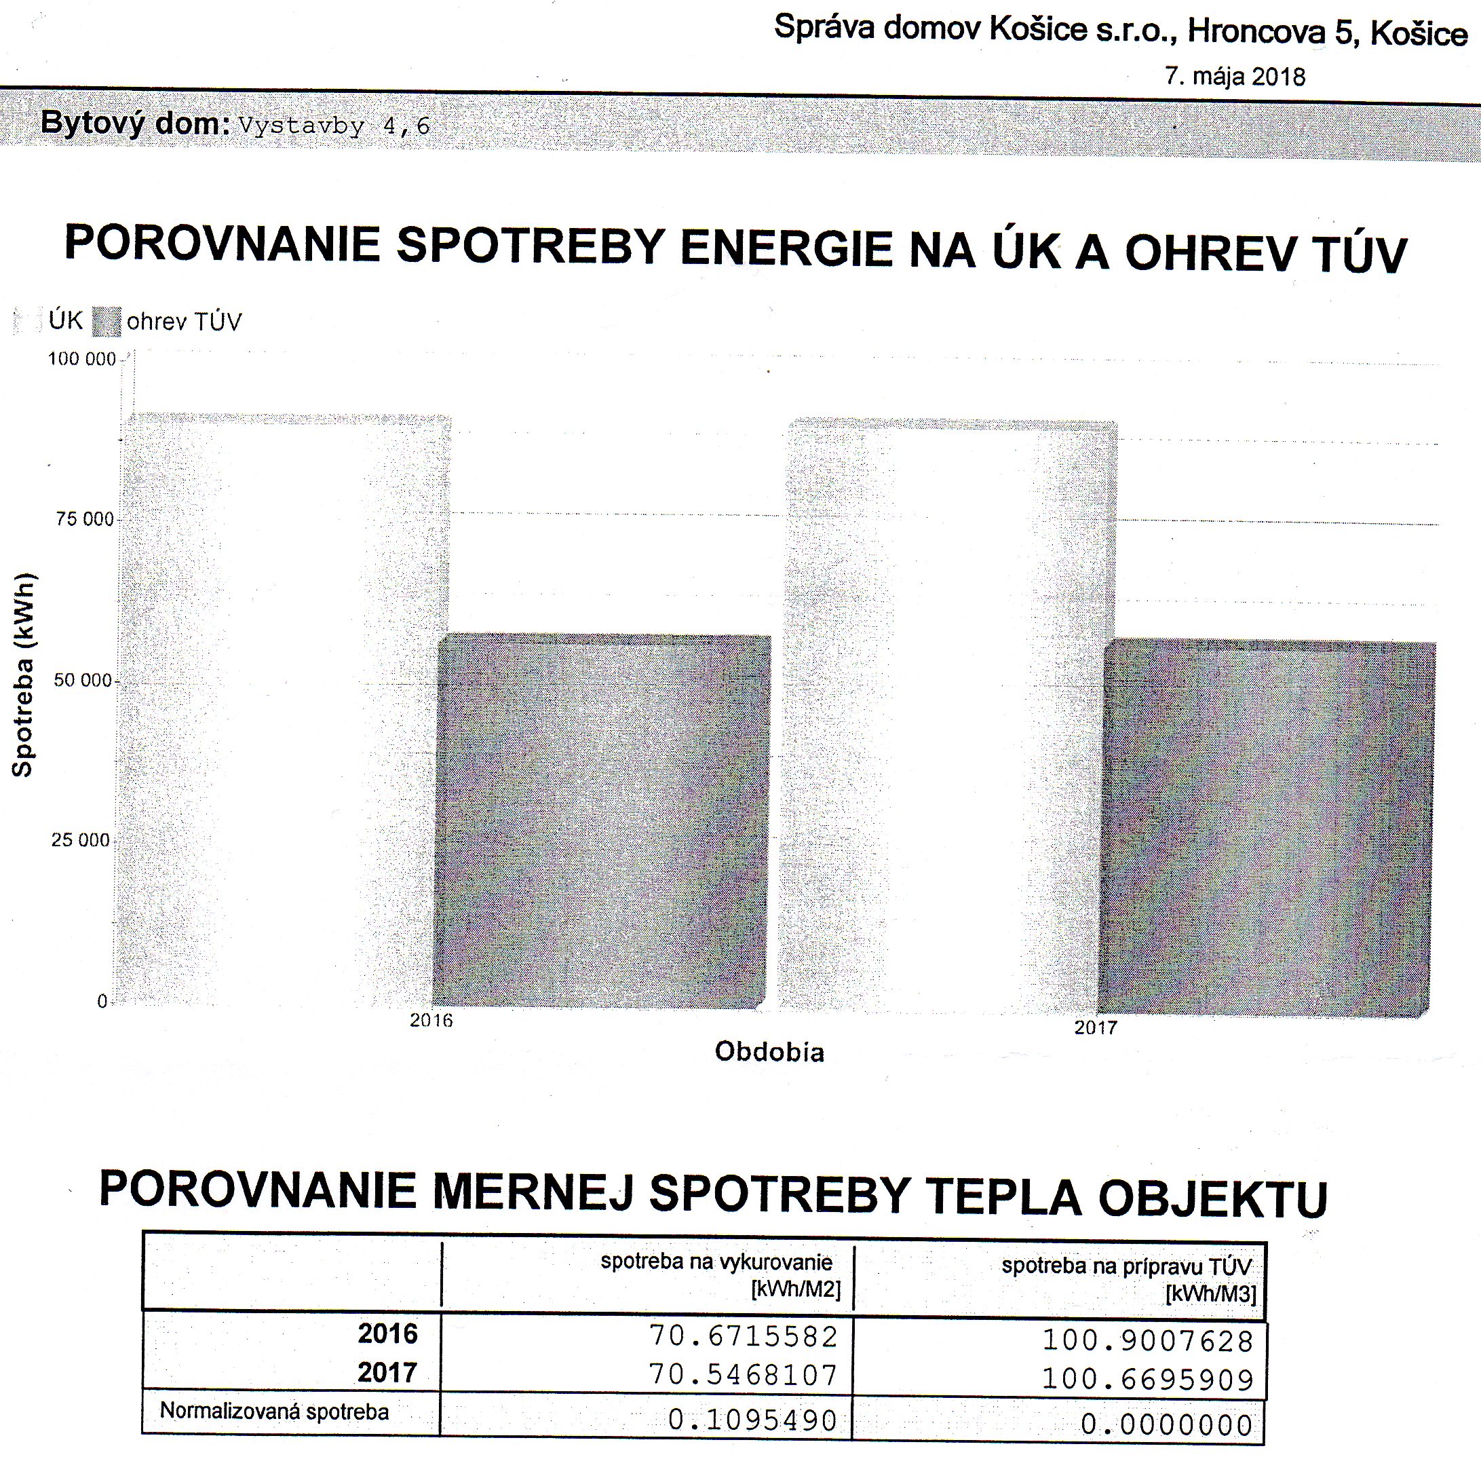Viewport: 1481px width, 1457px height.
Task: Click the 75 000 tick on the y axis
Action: click(x=85, y=520)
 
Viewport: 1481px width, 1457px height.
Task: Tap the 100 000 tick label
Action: click(x=82, y=359)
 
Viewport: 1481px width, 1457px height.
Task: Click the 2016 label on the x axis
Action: click(x=431, y=1020)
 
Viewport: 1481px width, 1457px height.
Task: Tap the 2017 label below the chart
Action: click(x=1095, y=1027)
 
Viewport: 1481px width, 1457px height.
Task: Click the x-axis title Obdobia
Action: click(x=769, y=1052)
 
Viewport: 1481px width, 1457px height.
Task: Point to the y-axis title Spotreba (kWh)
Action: click(x=23, y=674)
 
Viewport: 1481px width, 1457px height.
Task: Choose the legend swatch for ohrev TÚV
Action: click(x=107, y=322)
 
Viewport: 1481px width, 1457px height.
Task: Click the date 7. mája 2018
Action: click(x=1235, y=77)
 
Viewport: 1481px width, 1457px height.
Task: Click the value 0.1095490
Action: click(x=753, y=1420)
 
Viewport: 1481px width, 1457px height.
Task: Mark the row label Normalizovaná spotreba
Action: click(x=274, y=1412)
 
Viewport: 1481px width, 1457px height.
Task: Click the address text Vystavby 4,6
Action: click(x=334, y=126)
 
